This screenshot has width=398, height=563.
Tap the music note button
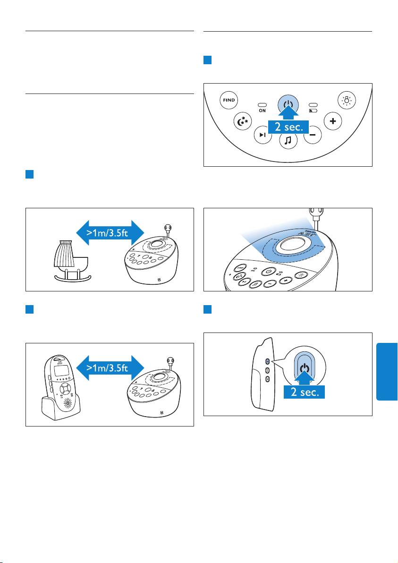[x=288, y=140]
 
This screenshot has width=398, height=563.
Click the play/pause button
[x=263, y=135]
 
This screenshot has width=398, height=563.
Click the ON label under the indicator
[x=262, y=111]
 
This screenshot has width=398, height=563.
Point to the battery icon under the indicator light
[x=313, y=111]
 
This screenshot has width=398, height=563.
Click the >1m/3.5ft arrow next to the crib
[x=110, y=232]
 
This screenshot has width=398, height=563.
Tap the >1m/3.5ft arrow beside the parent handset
[x=110, y=367]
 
